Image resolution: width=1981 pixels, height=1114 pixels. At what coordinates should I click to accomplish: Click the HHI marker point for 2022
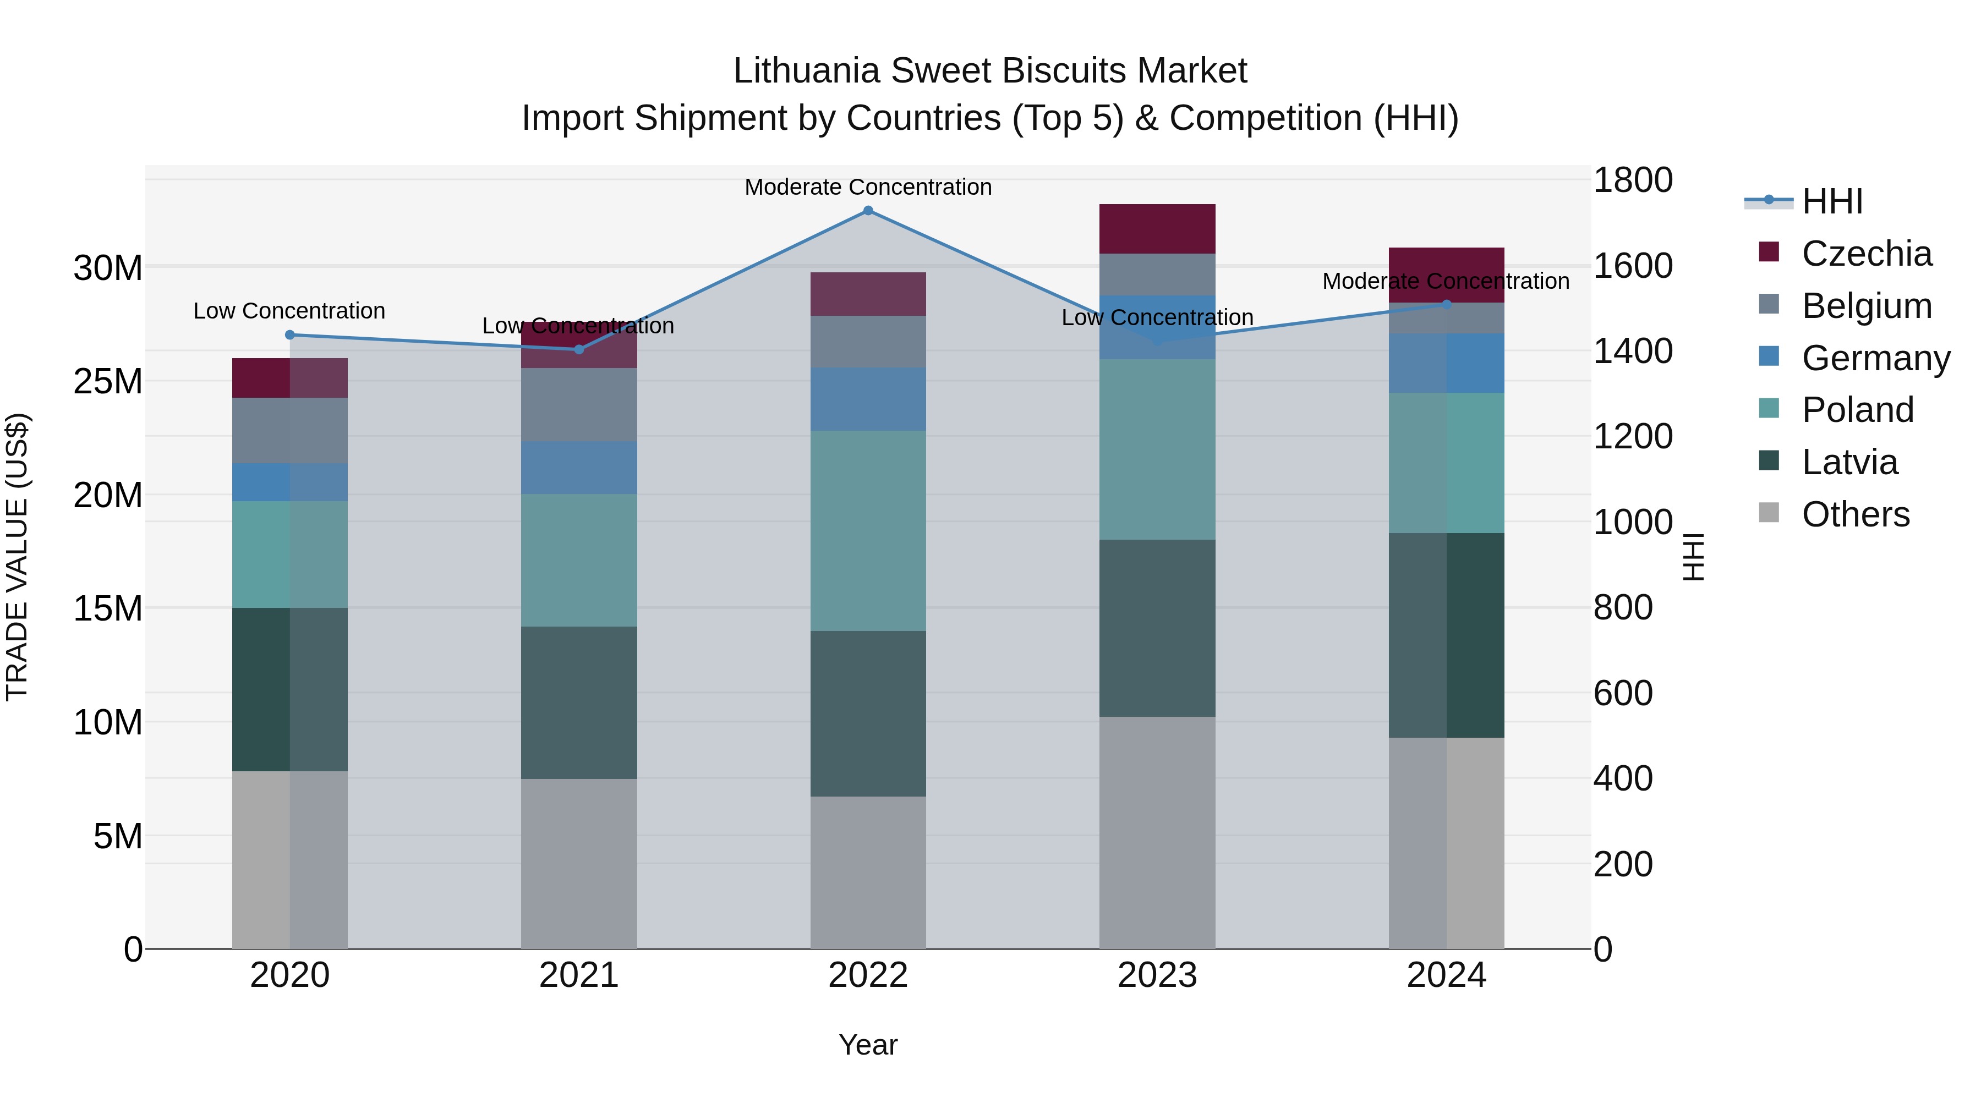[868, 211]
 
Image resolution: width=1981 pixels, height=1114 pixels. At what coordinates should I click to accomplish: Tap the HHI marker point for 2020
[290, 335]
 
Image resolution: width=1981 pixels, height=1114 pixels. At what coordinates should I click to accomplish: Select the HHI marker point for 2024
[1446, 304]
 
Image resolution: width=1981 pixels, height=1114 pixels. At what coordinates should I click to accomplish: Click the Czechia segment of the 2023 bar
[1157, 229]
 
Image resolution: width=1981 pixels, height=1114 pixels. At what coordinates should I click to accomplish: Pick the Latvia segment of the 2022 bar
[868, 714]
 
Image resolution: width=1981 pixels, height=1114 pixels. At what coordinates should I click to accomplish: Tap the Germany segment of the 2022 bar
[868, 399]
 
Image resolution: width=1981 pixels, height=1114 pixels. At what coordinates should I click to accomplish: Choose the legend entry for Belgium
[1867, 306]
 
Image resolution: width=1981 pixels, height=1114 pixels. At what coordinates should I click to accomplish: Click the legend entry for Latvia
[1849, 462]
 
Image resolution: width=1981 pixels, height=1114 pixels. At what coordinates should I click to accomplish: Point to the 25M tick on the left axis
[108, 381]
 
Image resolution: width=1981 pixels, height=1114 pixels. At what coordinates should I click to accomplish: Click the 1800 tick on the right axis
[1633, 180]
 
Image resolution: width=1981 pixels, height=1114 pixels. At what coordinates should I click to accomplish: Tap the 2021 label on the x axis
[579, 975]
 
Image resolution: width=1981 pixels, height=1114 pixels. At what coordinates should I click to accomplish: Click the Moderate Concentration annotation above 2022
[868, 187]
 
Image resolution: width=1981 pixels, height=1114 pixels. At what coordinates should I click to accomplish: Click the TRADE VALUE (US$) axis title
[17, 557]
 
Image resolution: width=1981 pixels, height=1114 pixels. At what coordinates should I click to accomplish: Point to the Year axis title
[868, 1045]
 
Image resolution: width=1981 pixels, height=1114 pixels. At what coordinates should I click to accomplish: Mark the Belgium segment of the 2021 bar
[579, 404]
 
